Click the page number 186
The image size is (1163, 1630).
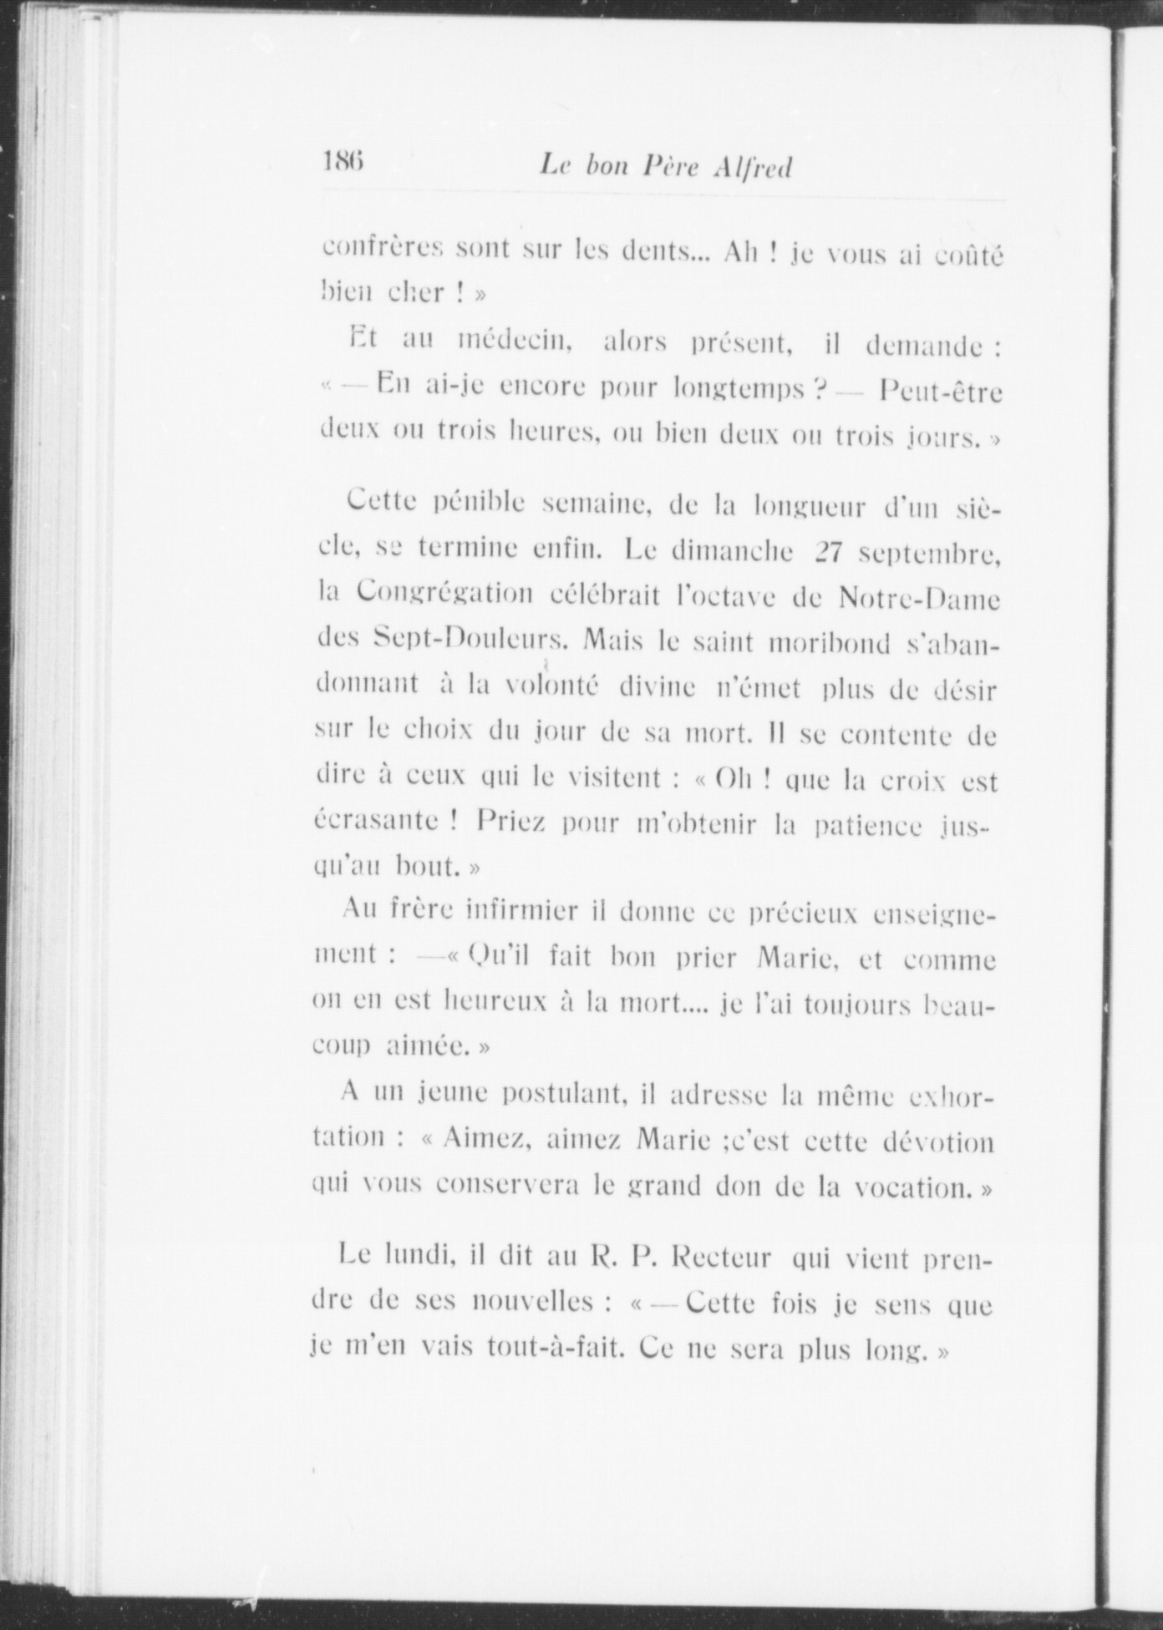tap(343, 161)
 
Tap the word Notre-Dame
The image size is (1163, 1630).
tap(918, 598)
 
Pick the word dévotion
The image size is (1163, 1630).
tap(939, 1141)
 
